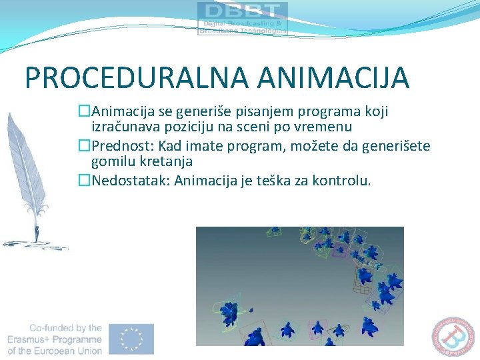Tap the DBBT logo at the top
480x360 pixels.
[242, 18]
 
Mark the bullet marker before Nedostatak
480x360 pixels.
[84, 181]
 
